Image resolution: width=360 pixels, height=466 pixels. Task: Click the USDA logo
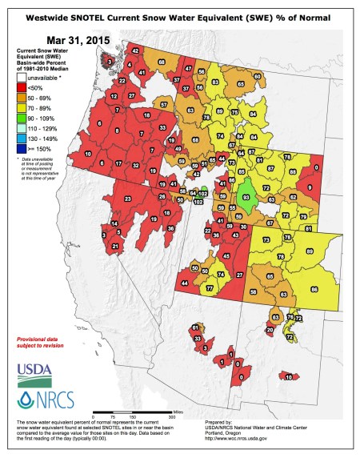tap(31, 370)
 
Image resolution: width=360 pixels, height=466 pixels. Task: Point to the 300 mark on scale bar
tap(170, 417)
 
